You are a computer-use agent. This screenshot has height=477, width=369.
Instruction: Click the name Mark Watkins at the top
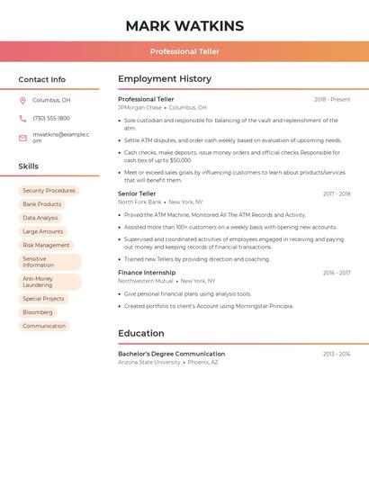click(184, 25)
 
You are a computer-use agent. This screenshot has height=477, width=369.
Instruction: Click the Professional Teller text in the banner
click(184, 51)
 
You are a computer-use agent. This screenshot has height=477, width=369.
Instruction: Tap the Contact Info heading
click(42, 79)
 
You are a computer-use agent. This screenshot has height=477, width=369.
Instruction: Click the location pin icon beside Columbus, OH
click(23, 100)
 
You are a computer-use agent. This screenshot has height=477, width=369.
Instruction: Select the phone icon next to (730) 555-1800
click(23, 118)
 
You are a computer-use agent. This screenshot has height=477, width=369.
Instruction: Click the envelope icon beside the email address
click(23, 137)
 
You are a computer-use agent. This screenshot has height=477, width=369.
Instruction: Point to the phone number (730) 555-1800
click(51, 118)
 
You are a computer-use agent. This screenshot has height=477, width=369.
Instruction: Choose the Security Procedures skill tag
click(49, 191)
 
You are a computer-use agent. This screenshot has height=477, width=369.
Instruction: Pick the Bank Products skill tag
click(42, 204)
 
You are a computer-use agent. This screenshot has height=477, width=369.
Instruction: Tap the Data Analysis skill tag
click(40, 218)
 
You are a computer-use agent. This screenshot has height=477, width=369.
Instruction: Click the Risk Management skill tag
click(46, 245)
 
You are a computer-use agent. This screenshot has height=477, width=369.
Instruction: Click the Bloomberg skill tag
click(37, 312)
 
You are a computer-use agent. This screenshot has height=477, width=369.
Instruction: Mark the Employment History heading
click(165, 79)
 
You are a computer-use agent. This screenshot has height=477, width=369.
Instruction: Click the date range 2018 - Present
click(332, 99)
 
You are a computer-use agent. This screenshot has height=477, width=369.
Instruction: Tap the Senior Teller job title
click(138, 193)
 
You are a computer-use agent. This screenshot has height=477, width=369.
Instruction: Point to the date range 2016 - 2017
click(337, 272)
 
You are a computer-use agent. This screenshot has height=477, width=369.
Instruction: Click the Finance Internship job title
click(146, 272)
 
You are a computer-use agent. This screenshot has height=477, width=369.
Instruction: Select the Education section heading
click(141, 333)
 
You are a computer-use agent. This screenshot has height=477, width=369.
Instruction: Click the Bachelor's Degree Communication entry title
click(171, 354)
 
